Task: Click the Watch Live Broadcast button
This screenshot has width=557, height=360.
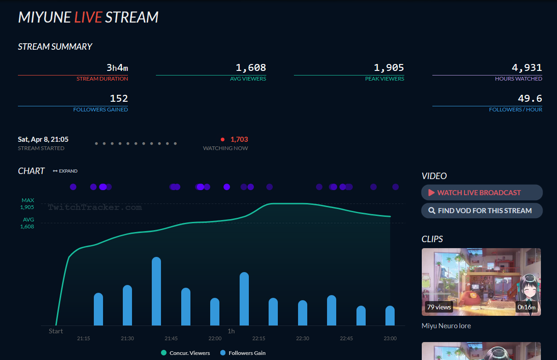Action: click(x=482, y=192)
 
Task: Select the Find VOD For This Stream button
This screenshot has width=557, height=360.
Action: click(x=482, y=210)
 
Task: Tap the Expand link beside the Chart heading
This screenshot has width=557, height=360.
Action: click(x=65, y=171)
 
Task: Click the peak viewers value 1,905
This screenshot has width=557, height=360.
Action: click(x=389, y=68)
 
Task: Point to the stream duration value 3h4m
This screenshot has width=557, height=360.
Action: click(x=117, y=68)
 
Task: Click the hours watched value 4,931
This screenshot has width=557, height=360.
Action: click(x=527, y=68)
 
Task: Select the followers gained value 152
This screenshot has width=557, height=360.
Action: click(x=119, y=98)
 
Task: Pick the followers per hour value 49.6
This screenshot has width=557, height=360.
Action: click(x=530, y=98)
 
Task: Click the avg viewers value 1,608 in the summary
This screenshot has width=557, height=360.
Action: click(x=251, y=68)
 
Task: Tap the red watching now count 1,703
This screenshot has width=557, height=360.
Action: click(x=239, y=139)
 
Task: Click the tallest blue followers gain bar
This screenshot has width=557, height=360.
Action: click(x=156, y=291)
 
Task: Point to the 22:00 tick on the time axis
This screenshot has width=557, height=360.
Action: click(x=215, y=338)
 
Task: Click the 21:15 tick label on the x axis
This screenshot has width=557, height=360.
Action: click(x=83, y=338)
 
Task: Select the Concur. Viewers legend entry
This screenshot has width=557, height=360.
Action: click(x=185, y=353)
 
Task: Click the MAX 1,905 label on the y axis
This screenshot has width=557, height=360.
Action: click(x=28, y=204)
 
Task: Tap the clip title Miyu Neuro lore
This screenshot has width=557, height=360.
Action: click(x=446, y=326)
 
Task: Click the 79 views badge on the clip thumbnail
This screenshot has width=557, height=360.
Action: click(x=439, y=307)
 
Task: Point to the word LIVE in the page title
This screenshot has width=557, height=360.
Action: click(x=88, y=17)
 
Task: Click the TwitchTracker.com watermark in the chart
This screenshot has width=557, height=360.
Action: click(x=95, y=208)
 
